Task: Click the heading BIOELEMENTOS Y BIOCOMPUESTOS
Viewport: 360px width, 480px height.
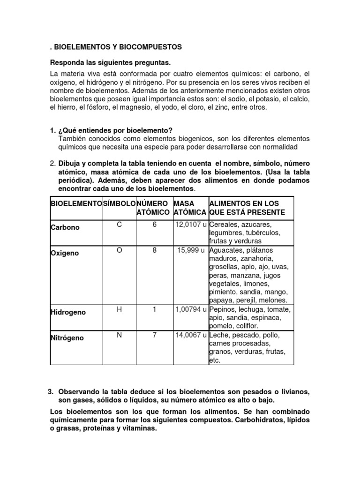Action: (x=118, y=47)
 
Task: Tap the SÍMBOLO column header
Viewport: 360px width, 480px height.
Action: (x=119, y=204)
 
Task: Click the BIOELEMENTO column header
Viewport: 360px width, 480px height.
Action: (x=76, y=204)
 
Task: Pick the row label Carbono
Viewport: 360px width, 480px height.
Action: (x=65, y=227)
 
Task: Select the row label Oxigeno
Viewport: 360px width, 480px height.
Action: (x=65, y=253)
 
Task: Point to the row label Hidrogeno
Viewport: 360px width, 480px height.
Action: (x=68, y=312)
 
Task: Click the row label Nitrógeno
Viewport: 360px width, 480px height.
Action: (x=67, y=338)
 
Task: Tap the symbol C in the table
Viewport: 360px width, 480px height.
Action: (x=119, y=225)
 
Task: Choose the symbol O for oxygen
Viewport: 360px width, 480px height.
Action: (x=119, y=250)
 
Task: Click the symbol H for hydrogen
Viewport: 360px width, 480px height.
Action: (x=119, y=309)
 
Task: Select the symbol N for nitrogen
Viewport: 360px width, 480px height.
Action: (x=119, y=335)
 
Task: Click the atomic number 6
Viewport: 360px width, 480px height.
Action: (x=154, y=225)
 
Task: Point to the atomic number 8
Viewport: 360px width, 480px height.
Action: (x=154, y=250)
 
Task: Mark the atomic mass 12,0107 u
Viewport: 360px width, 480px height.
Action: (x=191, y=225)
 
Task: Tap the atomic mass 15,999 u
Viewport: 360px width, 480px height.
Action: (x=191, y=250)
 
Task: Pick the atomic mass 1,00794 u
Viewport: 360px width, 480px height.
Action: (x=191, y=309)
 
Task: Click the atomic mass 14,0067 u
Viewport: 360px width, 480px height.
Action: (x=191, y=335)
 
